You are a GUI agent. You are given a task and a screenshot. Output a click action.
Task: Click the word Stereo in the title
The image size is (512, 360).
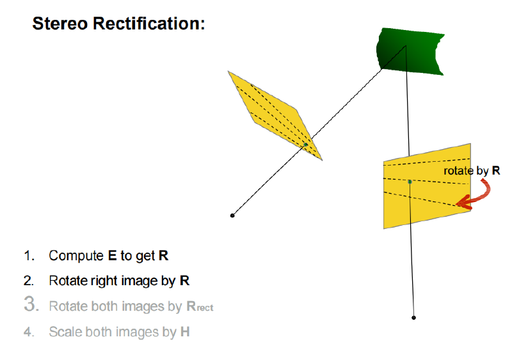coord(60,24)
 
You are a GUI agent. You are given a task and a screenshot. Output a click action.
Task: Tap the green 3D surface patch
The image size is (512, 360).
coord(410,51)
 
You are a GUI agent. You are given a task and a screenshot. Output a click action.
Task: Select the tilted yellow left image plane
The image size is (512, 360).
coord(275,115)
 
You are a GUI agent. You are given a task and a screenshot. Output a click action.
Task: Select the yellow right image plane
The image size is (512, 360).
coord(427,186)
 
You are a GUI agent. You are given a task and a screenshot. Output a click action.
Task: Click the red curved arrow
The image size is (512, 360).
coord(483,196)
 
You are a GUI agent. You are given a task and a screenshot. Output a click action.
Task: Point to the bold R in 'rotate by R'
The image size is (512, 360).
coord(495,170)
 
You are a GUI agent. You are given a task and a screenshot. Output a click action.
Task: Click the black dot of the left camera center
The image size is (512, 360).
coord(232,215)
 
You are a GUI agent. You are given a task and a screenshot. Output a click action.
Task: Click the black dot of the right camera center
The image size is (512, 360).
coord(413,318)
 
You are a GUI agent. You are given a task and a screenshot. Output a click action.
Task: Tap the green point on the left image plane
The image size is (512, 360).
coord(306,145)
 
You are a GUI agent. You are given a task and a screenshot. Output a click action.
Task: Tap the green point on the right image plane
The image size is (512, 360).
coord(410,182)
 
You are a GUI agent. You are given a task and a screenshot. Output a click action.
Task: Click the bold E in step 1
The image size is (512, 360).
coord(112,256)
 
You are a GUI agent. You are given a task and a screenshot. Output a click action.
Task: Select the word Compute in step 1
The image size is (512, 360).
coord(76,256)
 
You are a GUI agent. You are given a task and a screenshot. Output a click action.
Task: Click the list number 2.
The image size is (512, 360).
coord(29,281)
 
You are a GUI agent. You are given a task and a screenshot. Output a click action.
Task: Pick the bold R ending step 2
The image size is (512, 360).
coord(184,281)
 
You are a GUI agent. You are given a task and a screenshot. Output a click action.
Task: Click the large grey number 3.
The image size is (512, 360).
coord(31,304)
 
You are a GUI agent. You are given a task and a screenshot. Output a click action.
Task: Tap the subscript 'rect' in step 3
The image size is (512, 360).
coord(205,308)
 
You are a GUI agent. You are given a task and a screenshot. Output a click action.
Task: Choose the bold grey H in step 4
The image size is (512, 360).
coord(185,332)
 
